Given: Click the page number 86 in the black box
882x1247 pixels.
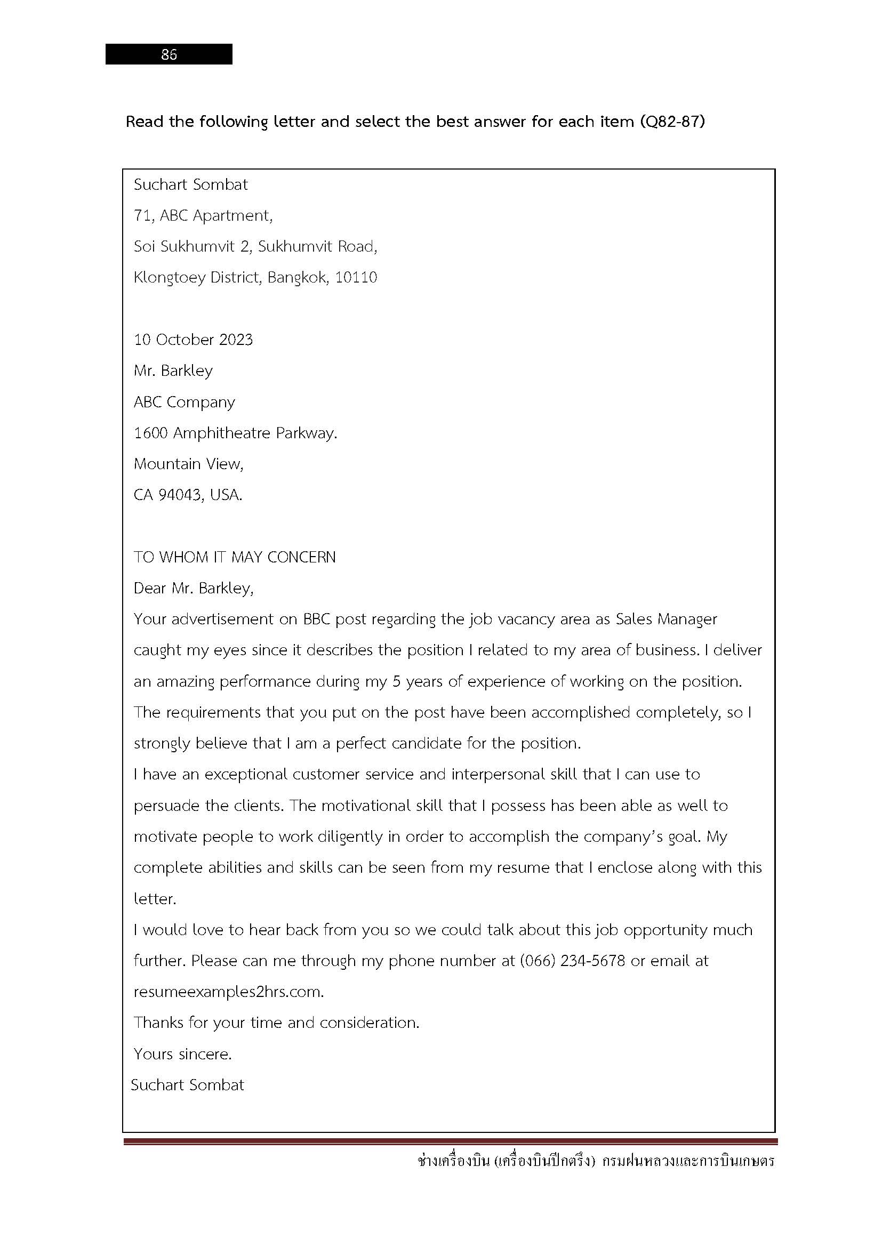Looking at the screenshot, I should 169,54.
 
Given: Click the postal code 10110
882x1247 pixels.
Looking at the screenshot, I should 356,278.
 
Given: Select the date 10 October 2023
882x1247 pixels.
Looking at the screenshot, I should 194,340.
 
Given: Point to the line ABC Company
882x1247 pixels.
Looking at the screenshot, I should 184,402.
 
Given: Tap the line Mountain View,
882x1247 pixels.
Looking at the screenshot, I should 188,464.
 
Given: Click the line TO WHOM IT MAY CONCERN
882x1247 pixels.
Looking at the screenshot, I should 235,557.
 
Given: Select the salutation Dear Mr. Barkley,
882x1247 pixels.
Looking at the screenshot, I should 194,588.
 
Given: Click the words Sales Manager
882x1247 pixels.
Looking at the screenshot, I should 666,619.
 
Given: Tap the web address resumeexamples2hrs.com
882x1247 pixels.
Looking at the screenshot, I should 228,992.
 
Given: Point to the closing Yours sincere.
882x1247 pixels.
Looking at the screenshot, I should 182,1054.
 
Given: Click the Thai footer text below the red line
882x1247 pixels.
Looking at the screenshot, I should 596,1162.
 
